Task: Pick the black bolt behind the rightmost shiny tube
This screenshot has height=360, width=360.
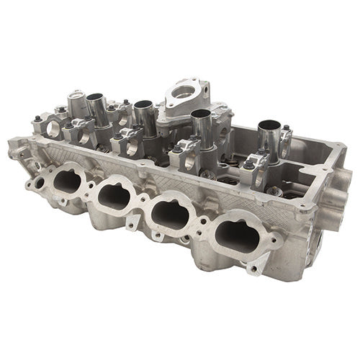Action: coord(286,130)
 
